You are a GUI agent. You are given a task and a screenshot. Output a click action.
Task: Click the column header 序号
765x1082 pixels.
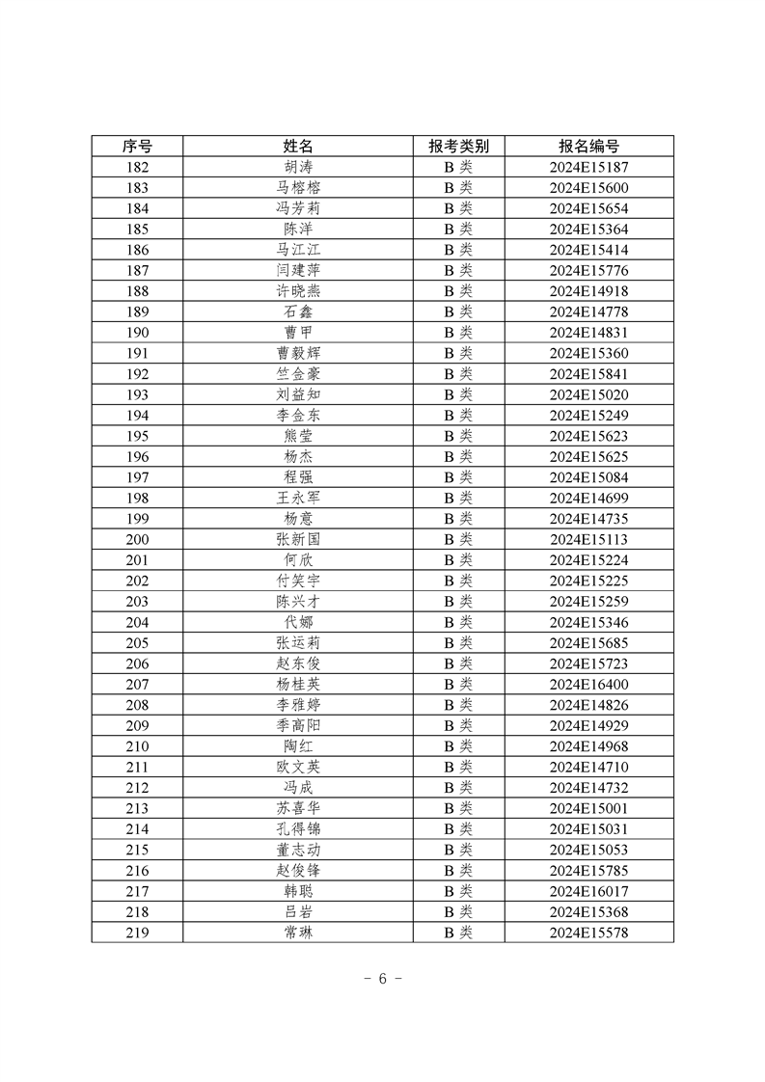click(137, 147)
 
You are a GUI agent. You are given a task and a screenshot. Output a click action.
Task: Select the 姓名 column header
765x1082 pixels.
click(298, 147)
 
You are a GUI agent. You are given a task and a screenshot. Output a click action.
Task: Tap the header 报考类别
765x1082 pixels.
click(458, 147)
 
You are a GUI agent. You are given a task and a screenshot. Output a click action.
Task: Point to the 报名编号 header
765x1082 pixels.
click(588, 147)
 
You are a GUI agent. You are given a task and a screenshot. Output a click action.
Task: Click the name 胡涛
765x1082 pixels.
click(298, 168)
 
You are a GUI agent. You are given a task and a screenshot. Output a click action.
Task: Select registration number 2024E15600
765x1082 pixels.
click(588, 188)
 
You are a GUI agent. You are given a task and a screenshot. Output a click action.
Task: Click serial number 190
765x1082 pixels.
click(137, 333)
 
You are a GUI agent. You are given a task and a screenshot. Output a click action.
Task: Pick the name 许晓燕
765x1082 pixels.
click(298, 291)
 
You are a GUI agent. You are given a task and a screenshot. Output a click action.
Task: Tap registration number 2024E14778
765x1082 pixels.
click(588, 311)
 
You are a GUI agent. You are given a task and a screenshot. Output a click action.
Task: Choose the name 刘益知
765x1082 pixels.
click(298, 394)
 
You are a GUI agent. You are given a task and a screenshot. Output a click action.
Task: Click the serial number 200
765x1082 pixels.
click(137, 539)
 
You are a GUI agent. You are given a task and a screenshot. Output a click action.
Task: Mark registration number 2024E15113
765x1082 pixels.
click(588, 539)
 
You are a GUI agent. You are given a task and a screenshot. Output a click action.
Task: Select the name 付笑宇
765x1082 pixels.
click(298, 581)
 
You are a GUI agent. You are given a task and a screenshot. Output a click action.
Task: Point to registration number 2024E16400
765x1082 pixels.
click(588, 684)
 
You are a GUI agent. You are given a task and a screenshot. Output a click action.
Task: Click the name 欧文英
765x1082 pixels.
click(298, 767)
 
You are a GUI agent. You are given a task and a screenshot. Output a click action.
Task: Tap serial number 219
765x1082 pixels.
click(137, 932)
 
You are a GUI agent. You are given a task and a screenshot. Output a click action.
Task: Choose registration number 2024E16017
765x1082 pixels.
click(588, 890)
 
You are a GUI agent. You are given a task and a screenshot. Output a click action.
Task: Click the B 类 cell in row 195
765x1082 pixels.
click(458, 436)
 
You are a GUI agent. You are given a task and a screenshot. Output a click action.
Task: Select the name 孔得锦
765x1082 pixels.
click(298, 828)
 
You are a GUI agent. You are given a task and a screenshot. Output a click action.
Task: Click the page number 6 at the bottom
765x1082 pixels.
click(382, 979)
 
